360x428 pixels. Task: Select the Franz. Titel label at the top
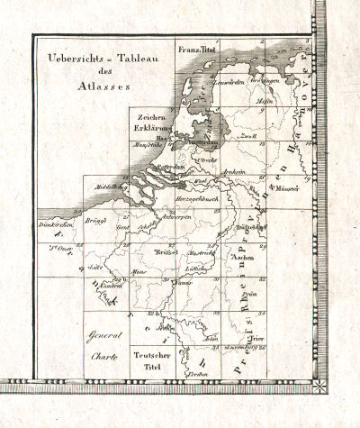pyautogui.click(x=198, y=48)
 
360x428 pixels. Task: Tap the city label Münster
pyautogui.click(x=286, y=190)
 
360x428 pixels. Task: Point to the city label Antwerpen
pyautogui.click(x=177, y=218)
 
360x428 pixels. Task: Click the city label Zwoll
pyautogui.click(x=250, y=136)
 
